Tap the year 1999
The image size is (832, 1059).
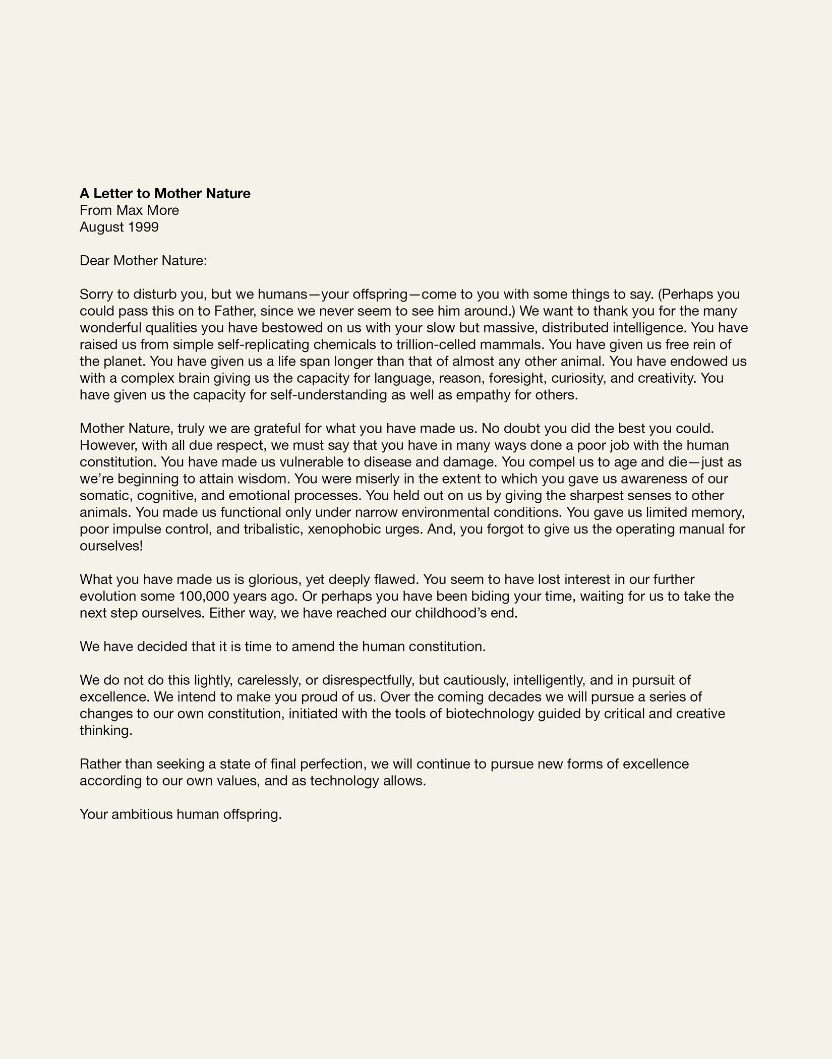(x=143, y=227)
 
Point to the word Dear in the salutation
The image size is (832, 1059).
(x=95, y=261)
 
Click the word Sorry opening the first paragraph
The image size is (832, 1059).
(x=98, y=294)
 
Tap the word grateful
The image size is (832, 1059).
(x=277, y=429)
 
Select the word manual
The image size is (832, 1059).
(x=701, y=529)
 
